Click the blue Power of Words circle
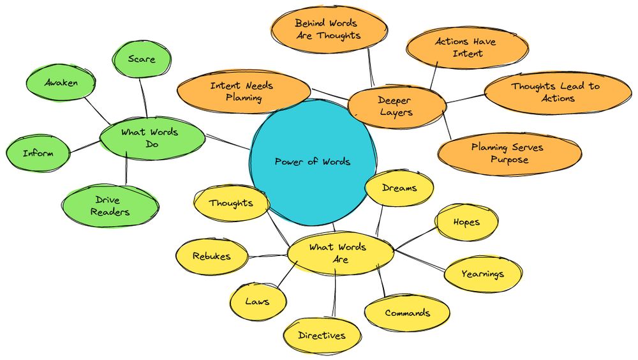(x=312, y=162)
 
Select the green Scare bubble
(x=142, y=59)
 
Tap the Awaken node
(x=61, y=84)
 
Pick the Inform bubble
(x=38, y=153)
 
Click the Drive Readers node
(x=110, y=206)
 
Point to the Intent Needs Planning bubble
(x=243, y=91)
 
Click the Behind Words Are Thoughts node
(x=327, y=29)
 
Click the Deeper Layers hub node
(x=396, y=106)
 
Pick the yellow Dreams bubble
(x=399, y=188)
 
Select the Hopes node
(x=466, y=222)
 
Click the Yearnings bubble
(x=483, y=274)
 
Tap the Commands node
(x=407, y=313)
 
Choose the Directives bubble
(x=322, y=335)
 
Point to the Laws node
(x=257, y=301)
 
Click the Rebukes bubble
(x=211, y=257)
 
